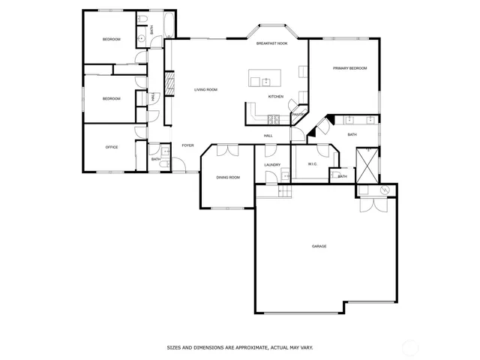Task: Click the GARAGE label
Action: point(319,246)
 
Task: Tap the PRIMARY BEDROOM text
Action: point(349,68)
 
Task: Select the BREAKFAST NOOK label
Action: point(271,44)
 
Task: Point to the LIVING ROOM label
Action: point(205,90)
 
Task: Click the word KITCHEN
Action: point(275,97)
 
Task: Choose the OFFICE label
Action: point(111,147)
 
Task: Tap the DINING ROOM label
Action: point(228,178)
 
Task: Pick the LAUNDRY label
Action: point(272,165)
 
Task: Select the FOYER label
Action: point(187,145)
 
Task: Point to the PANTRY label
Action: point(297,114)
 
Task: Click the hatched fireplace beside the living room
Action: point(169,81)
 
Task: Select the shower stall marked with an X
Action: point(367,163)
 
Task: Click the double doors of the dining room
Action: point(227,151)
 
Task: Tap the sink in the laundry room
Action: point(284,177)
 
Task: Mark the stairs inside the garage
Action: point(272,192)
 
